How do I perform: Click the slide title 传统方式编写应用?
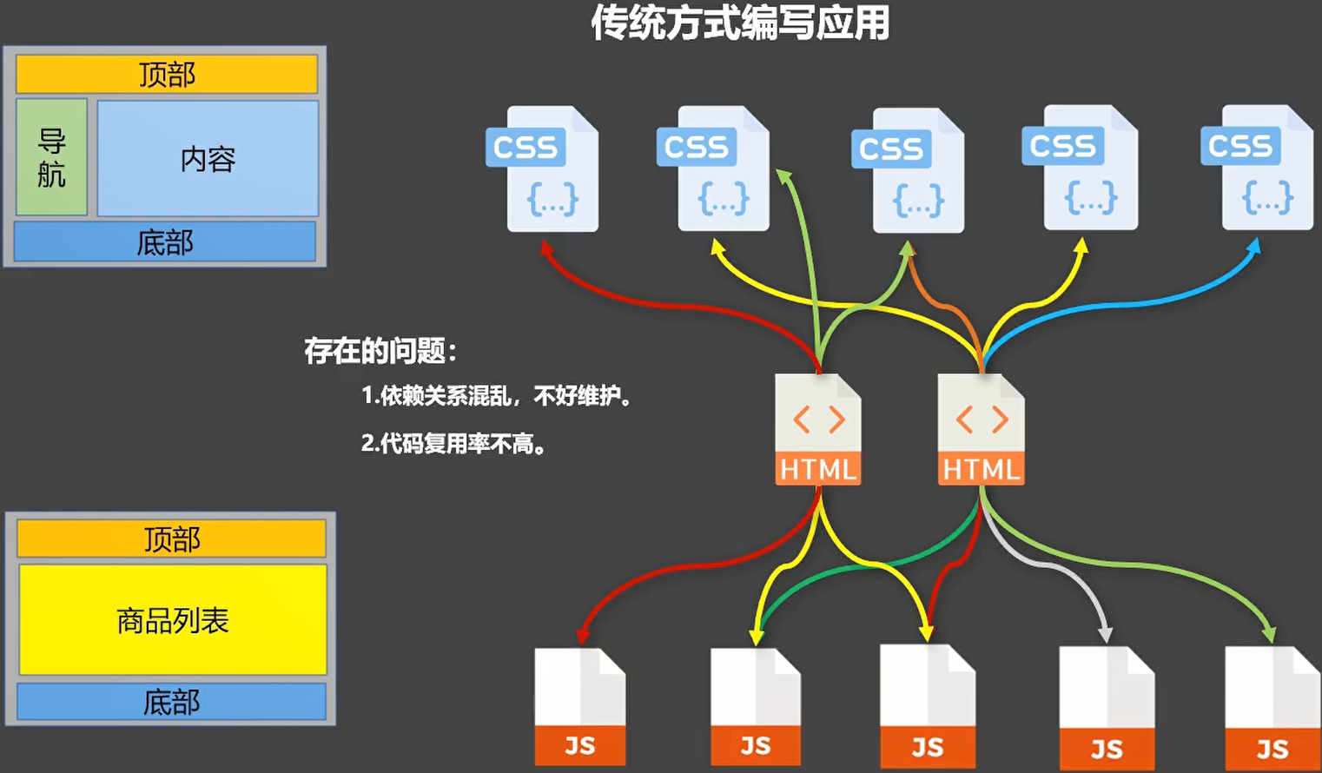pos(740,23)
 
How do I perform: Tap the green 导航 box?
pos(52,157)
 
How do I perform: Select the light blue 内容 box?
pos(208,158)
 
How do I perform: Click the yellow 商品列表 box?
pos(172,619)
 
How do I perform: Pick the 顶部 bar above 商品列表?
pos(171,538)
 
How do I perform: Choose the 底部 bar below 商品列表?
pos(171,701)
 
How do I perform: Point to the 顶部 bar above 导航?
pos(167,75)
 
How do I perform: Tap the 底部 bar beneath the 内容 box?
pos(165,242)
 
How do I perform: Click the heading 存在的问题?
pos(380,351)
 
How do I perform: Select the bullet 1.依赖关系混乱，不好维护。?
pos(496,396)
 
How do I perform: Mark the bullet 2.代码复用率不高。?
pos(453,444)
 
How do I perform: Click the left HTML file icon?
pos(817,429)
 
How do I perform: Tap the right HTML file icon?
pos(981,429)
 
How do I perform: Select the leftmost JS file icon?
pos(579,707)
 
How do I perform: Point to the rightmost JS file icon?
pos(1272,709)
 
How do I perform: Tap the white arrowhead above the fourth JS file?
pos(1105,634)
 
